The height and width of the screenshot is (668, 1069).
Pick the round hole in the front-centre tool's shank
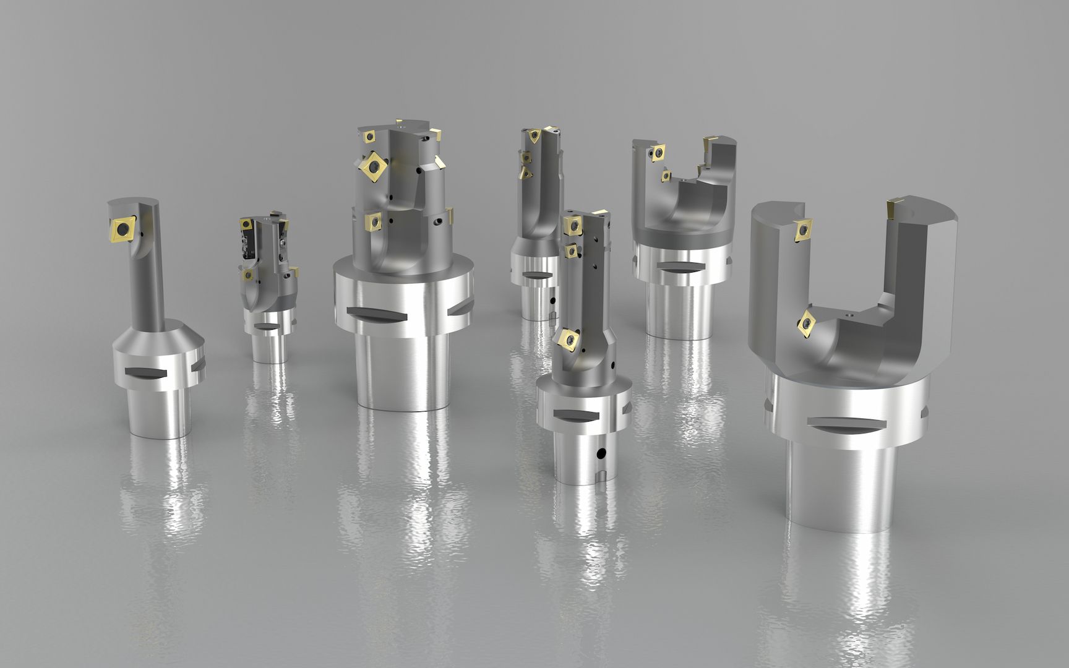tap(599, 455)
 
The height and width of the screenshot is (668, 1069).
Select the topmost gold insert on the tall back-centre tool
tap(533, 135)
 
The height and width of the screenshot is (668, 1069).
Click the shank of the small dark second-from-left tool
tap(270, 346)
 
